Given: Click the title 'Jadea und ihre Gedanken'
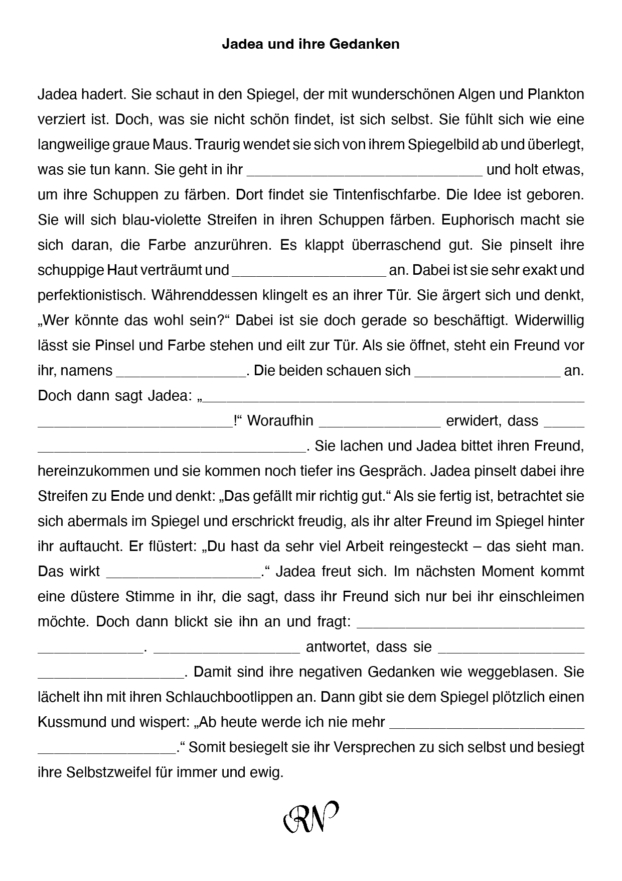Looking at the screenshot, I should pyautogui.click(x=310, y=44).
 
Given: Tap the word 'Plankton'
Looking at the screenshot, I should pyautogui.click(x=556, y=94).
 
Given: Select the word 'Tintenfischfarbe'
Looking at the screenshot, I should pyautogui.click(x=380, y=195).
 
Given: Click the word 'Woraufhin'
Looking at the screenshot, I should pyautogui.click(x=280, y=421).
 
